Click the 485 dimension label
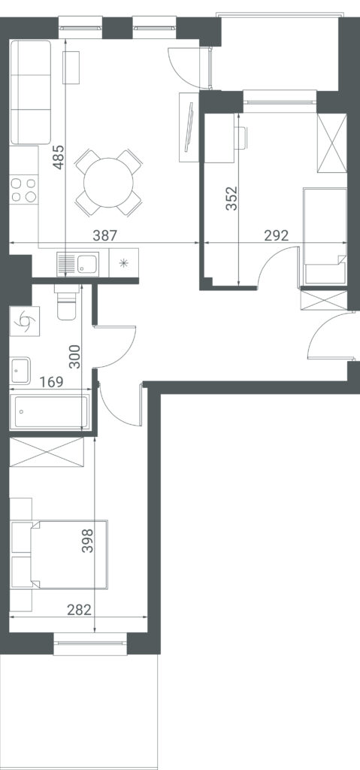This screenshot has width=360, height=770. coord(59,156)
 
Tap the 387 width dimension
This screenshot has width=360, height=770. coord(105,235)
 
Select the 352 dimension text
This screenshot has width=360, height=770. coord(231,198)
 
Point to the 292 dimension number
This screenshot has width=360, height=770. coord(276,235)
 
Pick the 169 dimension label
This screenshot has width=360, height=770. coord(52,381)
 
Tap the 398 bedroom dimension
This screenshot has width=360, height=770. coord(87,540)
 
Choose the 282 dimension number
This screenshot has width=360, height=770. coord(79,610)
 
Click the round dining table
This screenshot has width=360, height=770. coord(108,183)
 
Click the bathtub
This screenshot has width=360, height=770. coord(50,411)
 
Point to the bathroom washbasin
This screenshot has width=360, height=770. coord(20,371)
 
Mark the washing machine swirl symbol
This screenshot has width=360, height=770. coord(24,320)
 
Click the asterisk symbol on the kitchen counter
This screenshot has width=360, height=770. coord(124,262)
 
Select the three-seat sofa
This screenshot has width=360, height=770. coord(31,92)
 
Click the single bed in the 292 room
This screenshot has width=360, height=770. coord(325,235)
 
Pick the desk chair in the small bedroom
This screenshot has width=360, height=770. coord(242,138)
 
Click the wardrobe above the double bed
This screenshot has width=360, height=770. coord(47,452)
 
